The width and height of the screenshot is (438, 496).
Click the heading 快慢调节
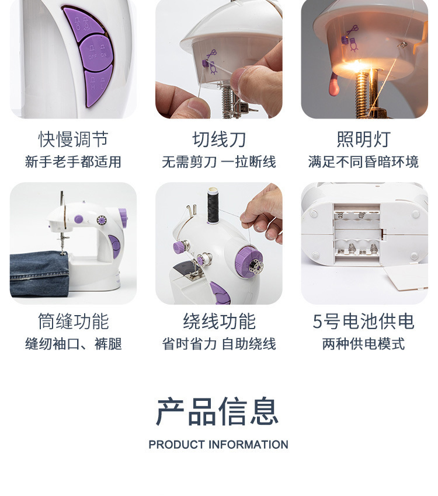73,139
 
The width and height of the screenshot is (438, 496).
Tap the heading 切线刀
219,139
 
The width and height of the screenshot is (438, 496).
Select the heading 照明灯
363,139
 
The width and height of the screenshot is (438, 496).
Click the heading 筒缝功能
73,322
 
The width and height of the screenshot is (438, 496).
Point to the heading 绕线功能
219,322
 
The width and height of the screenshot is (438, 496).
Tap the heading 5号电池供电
363,322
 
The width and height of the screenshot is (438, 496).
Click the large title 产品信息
217,411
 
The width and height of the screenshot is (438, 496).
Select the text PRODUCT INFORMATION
218,445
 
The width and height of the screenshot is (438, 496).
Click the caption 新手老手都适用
73,162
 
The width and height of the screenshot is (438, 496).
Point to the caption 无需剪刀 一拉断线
219,162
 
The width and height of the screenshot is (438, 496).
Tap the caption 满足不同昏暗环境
363,162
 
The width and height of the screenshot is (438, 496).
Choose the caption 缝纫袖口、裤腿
73,344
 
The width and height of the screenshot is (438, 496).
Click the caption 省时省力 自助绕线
219,344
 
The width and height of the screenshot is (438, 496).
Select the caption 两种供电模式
363,344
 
